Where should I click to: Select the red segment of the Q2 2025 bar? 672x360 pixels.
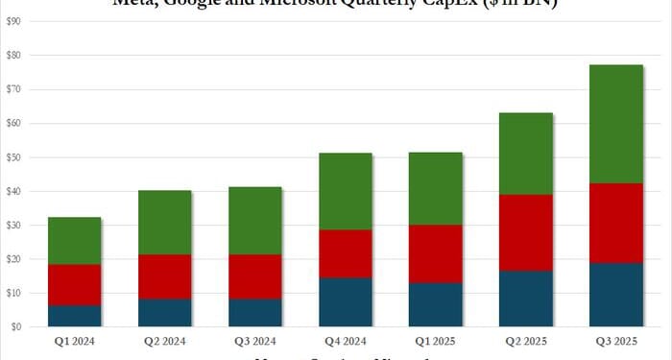click(525, 232)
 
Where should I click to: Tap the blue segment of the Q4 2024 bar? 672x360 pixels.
click(345, 301)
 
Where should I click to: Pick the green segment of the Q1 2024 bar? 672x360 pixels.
click(74, 240)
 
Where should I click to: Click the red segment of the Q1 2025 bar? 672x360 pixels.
click(435, 253)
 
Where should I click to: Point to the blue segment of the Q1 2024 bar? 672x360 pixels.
click(74, 316)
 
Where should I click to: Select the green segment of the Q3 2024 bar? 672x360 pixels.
click(254, 221)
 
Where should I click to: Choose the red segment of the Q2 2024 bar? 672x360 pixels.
click(164, 276)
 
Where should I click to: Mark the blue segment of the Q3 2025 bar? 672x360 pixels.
click(615, 295)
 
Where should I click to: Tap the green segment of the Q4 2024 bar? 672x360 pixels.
click(345, 191)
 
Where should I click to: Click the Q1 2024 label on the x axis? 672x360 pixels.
click(74, 340)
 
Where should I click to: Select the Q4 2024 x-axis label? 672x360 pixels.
click(345, 340)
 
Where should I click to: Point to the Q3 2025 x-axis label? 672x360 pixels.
click(615, 340)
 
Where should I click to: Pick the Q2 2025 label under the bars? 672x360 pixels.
click(525, 340)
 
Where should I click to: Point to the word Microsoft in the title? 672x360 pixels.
click(307, 4)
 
